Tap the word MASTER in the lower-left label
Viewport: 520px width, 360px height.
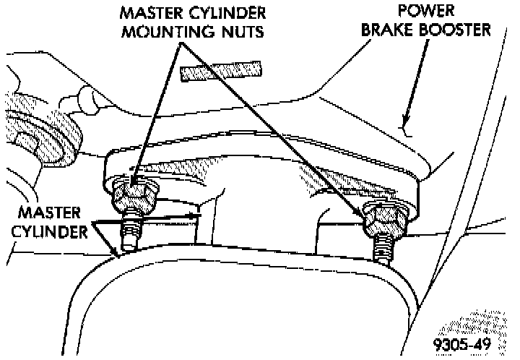point(45,215)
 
